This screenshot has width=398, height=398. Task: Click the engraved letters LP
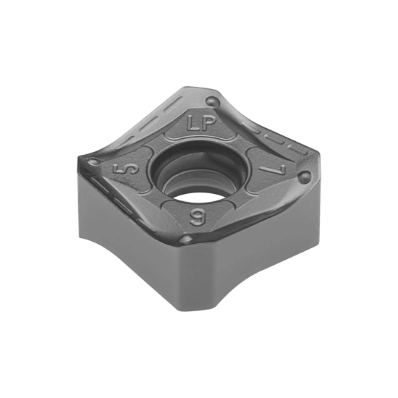[x=201, y=124]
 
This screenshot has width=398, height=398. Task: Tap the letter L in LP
[x=192, y=123]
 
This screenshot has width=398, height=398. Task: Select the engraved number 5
[x=126, y=169]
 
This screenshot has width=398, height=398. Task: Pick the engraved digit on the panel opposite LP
[x=198, y=217]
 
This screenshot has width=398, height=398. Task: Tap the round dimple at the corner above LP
[x=213, y=101]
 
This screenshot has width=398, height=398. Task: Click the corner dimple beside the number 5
[x=93, y=161]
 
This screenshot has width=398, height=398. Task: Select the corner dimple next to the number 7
[x=305, y=176]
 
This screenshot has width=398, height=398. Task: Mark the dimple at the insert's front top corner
[x=187, y=239]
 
